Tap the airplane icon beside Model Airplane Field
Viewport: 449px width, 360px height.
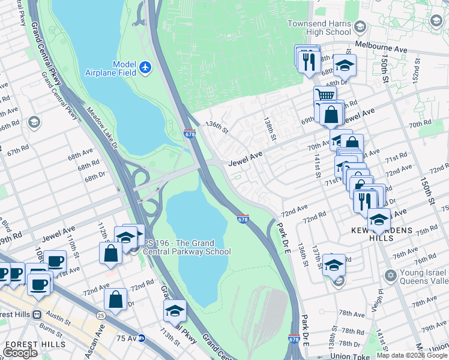(x=145, y=68)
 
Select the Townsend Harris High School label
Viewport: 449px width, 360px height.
(x=319, y=27)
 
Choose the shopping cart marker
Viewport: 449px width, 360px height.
(x=324, y=95)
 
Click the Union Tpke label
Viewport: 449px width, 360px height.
(x=348, y=356)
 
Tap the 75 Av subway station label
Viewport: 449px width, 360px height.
(x=126, y=338)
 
